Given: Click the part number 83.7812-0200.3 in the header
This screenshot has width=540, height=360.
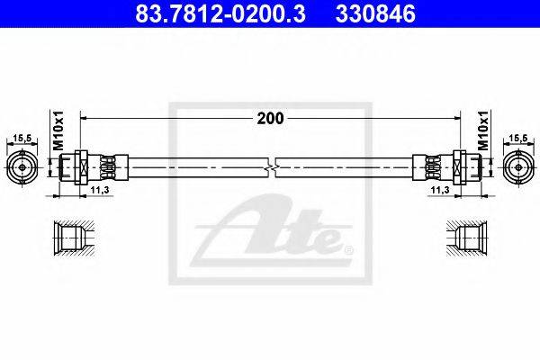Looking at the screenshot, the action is [220, 13].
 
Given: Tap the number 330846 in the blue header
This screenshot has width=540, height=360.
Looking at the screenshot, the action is [375, 13].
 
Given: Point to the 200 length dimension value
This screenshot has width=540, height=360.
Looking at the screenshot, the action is [270, 118].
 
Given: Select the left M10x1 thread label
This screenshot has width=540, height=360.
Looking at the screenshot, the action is [58, 130].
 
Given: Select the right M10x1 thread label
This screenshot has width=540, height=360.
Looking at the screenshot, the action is [483, 130].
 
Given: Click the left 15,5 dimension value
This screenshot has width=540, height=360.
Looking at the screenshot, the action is [22, 138].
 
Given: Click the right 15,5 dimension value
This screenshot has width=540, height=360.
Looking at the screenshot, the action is [518, 138].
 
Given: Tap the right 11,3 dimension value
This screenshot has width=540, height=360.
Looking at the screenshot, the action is [440, 190].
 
